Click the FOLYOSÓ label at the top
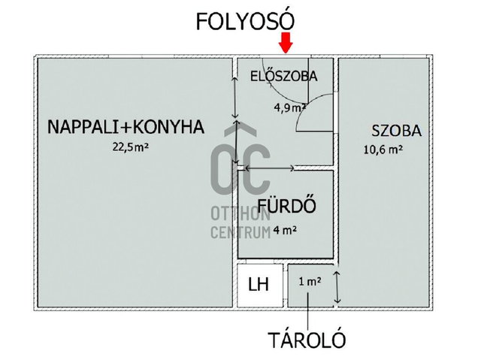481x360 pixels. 245,21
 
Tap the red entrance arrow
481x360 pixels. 286,43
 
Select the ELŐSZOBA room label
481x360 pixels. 283,76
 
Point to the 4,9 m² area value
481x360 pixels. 290,107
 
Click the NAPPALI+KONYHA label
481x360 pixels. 126,127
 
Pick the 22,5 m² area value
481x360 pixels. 131,147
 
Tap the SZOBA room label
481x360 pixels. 396,131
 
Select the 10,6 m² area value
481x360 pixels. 383,150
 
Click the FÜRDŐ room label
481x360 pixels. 287,205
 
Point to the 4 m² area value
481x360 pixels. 285,230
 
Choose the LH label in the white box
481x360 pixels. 259,284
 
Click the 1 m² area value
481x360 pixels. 310,281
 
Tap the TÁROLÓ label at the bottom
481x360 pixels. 307,340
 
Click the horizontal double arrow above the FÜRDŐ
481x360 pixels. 270,168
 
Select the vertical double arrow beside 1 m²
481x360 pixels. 337,287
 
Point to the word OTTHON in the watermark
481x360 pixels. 240,213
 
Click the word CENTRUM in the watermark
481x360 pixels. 240,232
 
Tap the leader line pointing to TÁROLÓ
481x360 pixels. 308,310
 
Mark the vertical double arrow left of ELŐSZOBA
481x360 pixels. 235,97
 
